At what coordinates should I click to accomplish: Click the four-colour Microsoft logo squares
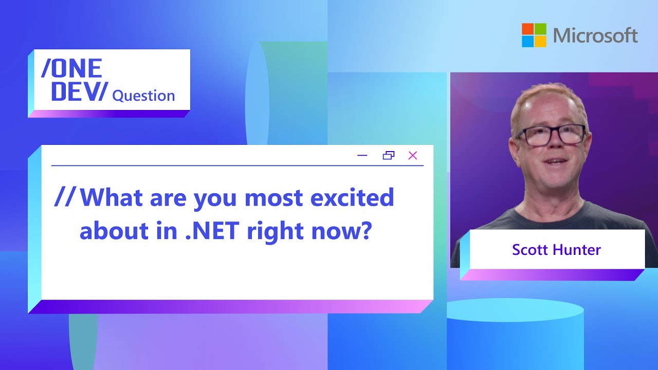point(534,35)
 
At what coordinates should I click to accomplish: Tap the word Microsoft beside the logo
point(595,35)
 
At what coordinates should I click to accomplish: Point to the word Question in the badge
point(143,96)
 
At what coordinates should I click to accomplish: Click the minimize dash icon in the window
point(362,155)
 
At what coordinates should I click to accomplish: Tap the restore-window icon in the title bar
point(389,155)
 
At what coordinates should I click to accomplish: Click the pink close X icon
point(413,155)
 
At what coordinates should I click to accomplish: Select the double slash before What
point(65,197)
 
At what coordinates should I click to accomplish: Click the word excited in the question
point(352,197)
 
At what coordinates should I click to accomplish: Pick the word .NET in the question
point(212,230)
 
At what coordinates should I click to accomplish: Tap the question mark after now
point(365,230)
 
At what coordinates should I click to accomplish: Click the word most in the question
point(273,198)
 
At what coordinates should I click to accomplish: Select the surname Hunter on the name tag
point(577,250)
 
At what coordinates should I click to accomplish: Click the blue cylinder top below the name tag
point(515,310)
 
